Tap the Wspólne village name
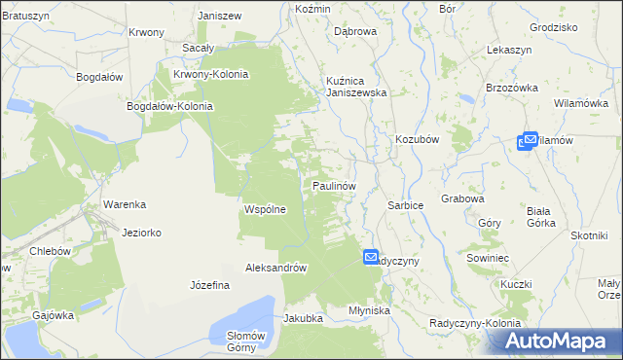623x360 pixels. coord(264,209)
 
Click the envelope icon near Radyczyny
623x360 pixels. coord(371,257)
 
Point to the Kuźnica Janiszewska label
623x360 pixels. coord(356,87)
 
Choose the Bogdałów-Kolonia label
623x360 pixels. coord(170,107)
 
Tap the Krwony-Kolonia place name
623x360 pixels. coord(210,74)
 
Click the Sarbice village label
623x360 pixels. coord(405,207)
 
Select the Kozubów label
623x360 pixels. coord(418,139)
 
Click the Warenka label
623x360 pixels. coord(125,204)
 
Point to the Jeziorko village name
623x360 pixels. coord(142,234)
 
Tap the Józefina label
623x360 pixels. coord(209,285)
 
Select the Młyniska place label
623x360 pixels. coord(369,310)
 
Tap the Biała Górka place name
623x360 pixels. coord(540,216)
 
